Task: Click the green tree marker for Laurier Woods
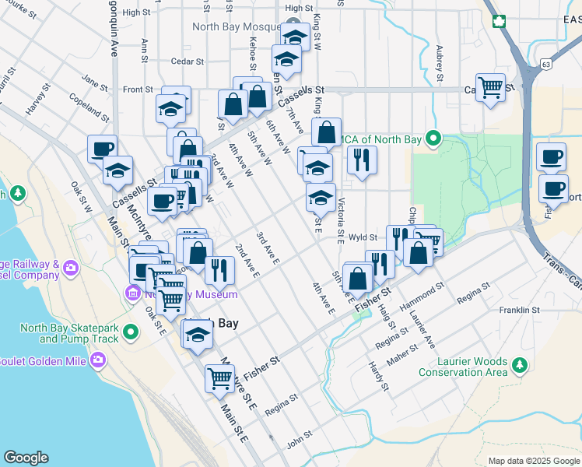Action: point(520,363)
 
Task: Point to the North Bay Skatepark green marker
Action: point(131,333)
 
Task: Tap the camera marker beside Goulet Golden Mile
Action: point(98,360)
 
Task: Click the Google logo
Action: point(26,458)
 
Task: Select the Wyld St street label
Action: point(363,237)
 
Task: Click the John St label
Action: point(299,442)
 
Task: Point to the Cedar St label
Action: point(187,61)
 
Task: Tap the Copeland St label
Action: point(86,100)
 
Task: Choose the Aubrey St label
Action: point(440,62)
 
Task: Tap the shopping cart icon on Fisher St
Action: point(219,378)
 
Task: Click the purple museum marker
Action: point(131,293)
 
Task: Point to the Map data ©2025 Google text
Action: point(533,461)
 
